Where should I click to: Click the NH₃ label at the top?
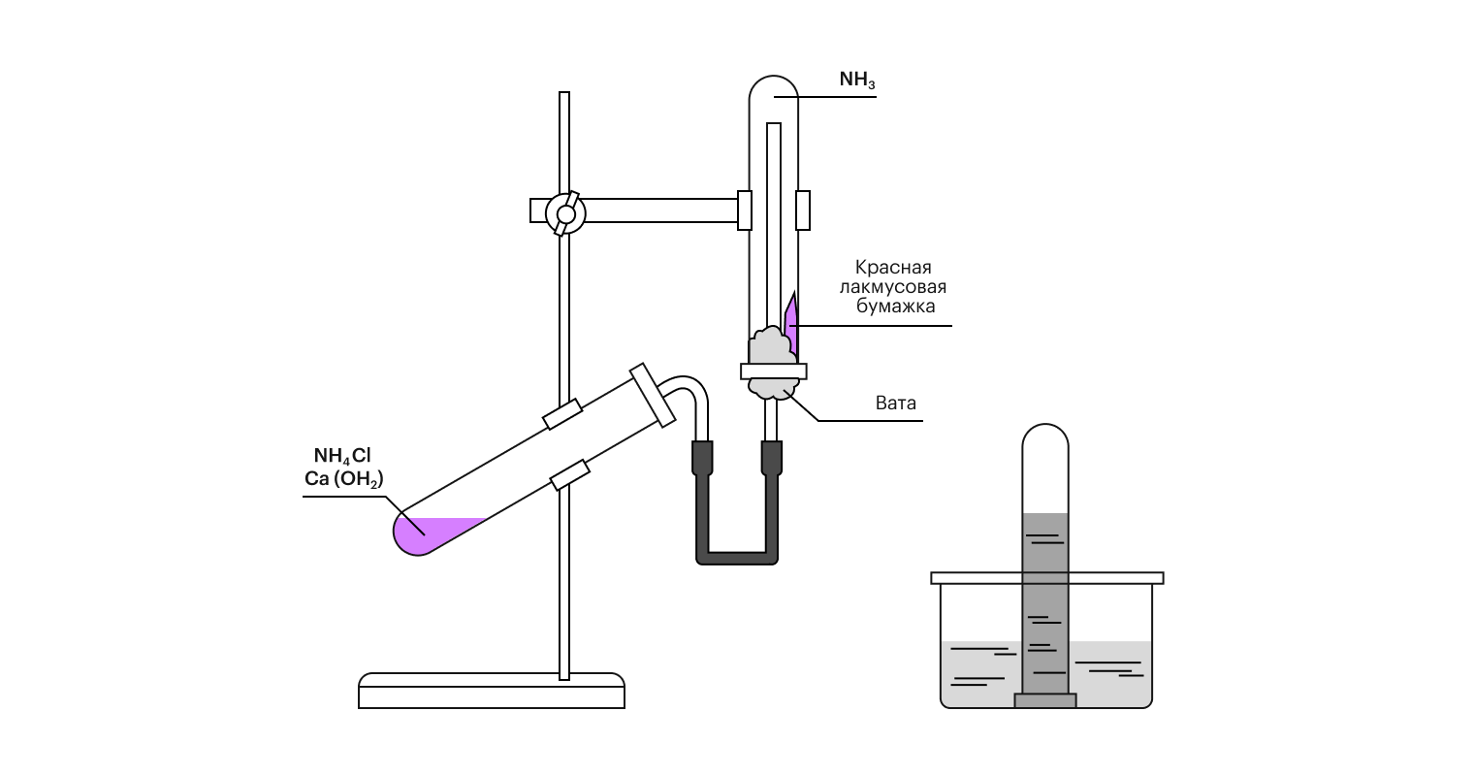(857, 81)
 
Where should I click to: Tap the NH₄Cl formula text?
(341, 456)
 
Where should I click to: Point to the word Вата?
(895, 403)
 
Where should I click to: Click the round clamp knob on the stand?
(565, 211)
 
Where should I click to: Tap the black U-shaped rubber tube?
(737, 555)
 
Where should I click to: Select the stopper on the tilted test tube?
(653, 396)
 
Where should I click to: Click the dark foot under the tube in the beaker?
(1045, 700)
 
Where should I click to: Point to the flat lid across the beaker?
(1046, 578)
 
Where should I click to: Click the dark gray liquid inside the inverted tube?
(1045, 601)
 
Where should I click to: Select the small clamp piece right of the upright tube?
(803, 210)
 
